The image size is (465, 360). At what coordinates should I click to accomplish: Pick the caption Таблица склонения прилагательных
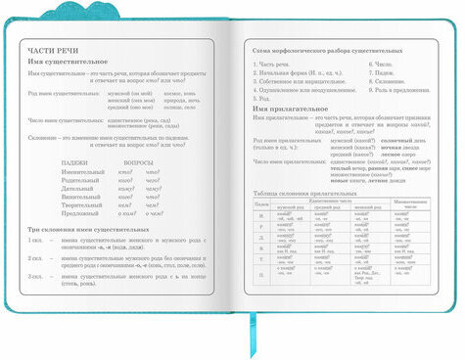303,193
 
